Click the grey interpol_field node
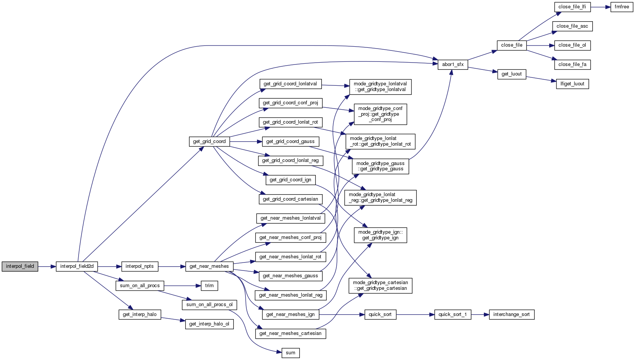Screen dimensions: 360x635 pos(20,266)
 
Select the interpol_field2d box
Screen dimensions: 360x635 pos(77,266)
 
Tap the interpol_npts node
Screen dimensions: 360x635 pos(139,266)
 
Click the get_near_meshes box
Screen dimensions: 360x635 pos(209,266)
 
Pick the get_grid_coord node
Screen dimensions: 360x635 pos(209,141)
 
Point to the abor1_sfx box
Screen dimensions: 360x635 pos(452,64)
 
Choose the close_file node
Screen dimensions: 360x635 pos(511,45)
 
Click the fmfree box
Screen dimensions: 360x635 pos(622,7)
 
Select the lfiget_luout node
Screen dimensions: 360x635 pos(572,84)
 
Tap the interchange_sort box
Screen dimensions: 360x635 pos(511,314)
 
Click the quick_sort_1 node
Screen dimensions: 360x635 pos(452,314)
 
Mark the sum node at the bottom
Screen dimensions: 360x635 pos(290,353)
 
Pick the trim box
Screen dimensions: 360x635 pos(209,286)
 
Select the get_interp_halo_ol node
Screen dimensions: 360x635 pos(209,324)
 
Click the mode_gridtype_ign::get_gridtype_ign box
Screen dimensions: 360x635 pos(380,235)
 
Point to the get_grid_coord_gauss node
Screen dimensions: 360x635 pos(290,141)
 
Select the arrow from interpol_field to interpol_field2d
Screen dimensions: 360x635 pos(47,266)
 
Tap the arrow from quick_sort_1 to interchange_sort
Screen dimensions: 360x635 pos(480,314)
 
